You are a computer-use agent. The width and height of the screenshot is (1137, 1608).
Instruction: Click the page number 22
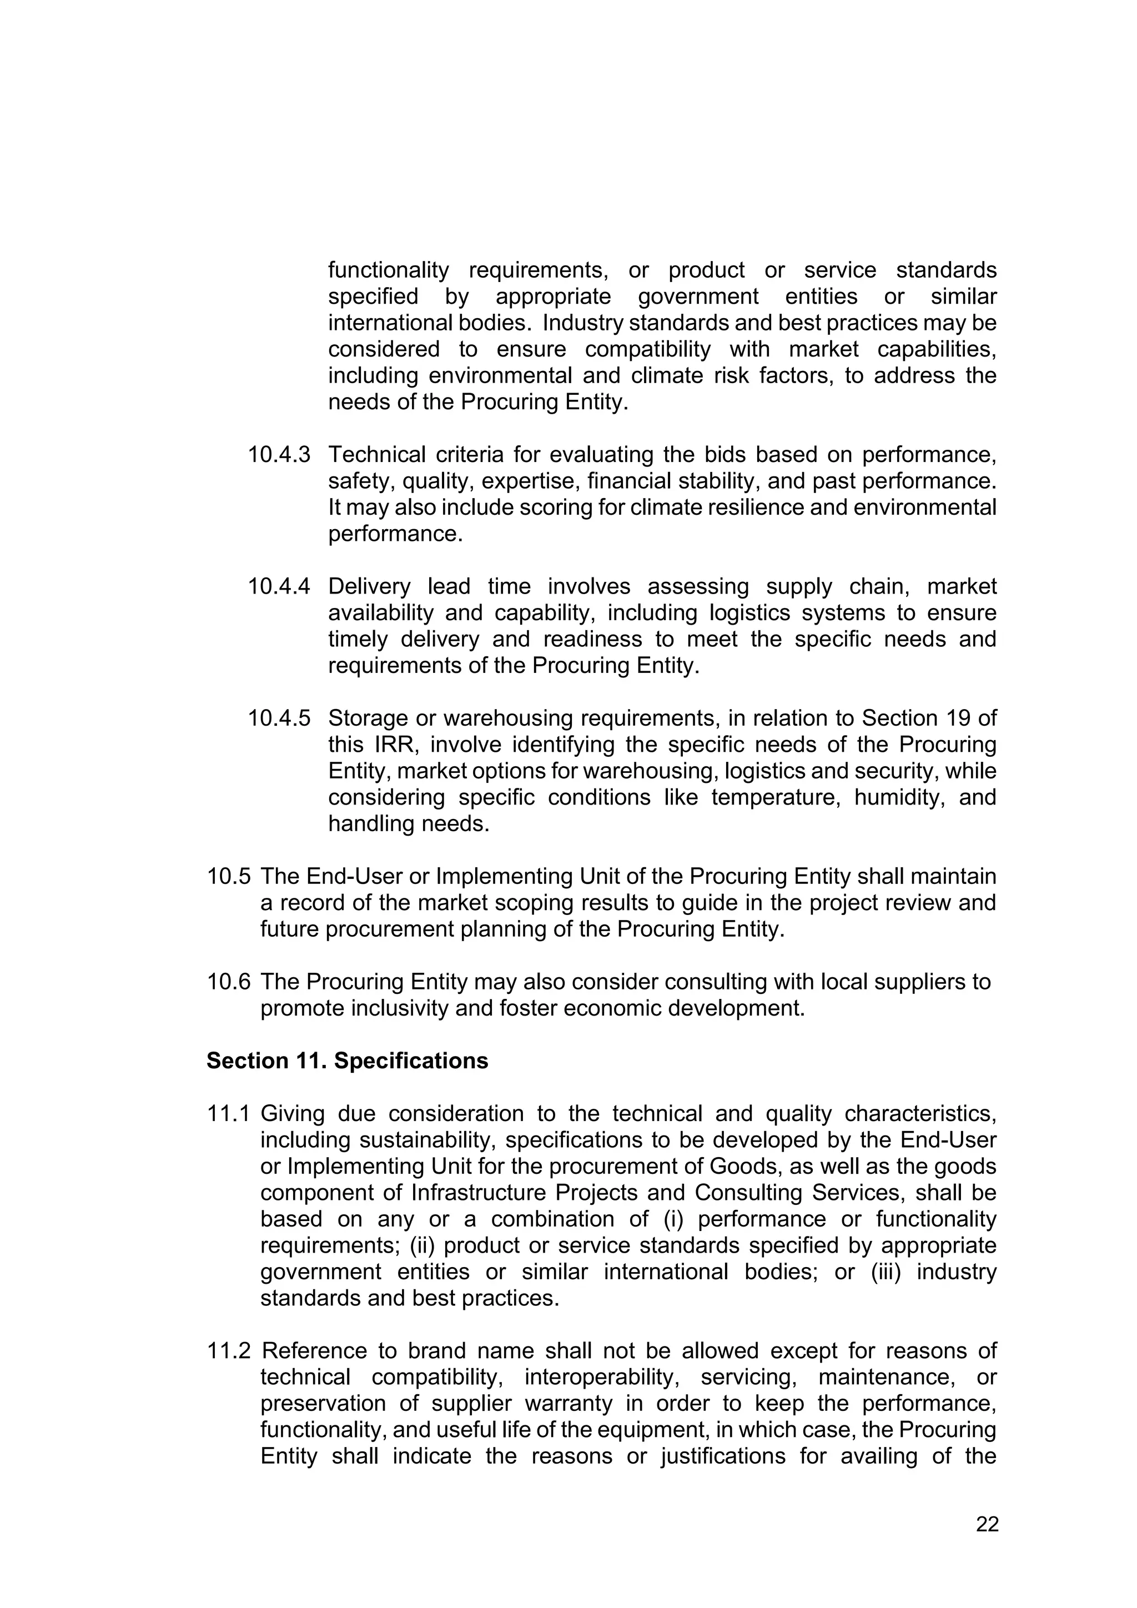coord(987,1525)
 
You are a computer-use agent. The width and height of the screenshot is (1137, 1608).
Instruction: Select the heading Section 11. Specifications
coord(347,1061)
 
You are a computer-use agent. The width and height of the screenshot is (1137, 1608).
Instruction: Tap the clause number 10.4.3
coord(279,455)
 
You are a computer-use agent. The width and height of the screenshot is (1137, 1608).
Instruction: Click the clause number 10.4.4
coord(279,587)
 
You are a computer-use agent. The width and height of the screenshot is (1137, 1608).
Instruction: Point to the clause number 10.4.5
coord(279,718)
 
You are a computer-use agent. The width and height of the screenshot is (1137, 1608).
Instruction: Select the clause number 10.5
coord(228,877)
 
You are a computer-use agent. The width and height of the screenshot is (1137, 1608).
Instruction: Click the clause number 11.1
coord(228,1114)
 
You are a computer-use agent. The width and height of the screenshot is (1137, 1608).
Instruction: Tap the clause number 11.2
coord(228,1351)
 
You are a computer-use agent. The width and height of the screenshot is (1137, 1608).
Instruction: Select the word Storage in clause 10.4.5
coord(368,718)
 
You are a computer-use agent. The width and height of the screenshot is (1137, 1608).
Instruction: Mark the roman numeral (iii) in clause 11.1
coord(886,1272)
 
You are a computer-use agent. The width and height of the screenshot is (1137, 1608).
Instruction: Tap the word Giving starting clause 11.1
coord(290,1114)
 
